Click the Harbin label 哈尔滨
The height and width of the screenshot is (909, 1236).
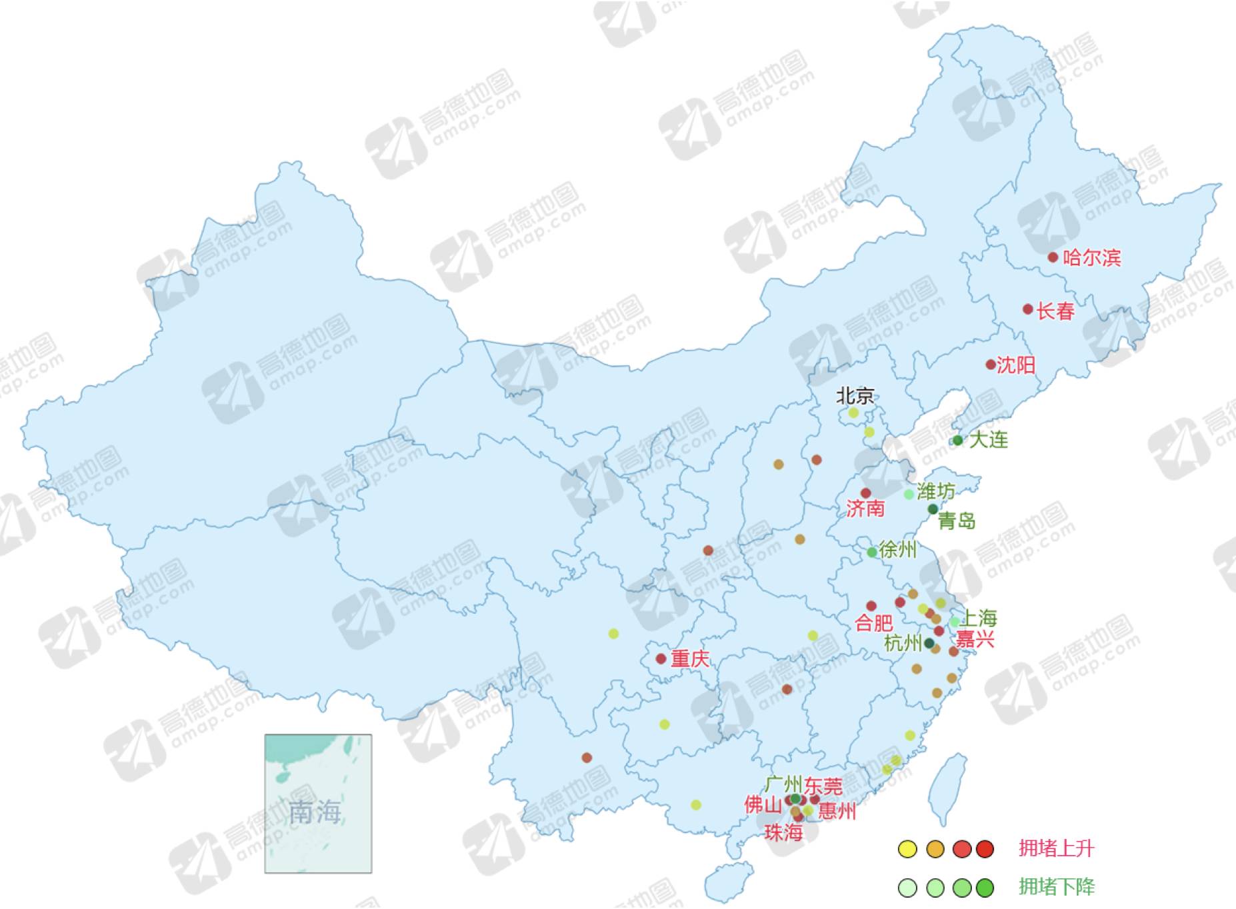[x=1091, y=257]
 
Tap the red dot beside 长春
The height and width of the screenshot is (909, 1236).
[x=1027, y=309]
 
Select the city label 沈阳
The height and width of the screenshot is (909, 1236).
[x=1016, y=365]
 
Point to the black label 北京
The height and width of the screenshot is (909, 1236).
[x=855, y=397]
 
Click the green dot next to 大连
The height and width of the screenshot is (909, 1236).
[x=957, y=440]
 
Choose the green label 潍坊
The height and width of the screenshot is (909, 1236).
[x=936, y=492]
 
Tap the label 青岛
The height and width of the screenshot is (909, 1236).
[x=957, y=521]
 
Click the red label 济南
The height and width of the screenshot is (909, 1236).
[x=865, y=509]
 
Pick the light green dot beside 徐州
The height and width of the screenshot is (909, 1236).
[x=872, y=552]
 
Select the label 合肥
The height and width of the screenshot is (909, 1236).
[x=874, y=623]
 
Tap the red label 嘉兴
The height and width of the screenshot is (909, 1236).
[x=975, y=640]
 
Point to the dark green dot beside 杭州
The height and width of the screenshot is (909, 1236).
[x=929, y=643]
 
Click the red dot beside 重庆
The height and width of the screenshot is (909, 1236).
[x=661, y=658]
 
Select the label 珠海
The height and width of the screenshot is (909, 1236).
[x=783, y=832]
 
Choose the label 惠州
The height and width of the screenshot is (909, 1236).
[x=837, y=811]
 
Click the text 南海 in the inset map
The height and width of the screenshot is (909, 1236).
[x=315, y=812]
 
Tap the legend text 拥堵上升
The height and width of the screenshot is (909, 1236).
[x=1057, y=848]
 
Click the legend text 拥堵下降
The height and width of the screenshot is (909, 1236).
[x=1057, y=887]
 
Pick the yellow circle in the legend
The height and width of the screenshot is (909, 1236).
[x=907, y=849]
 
